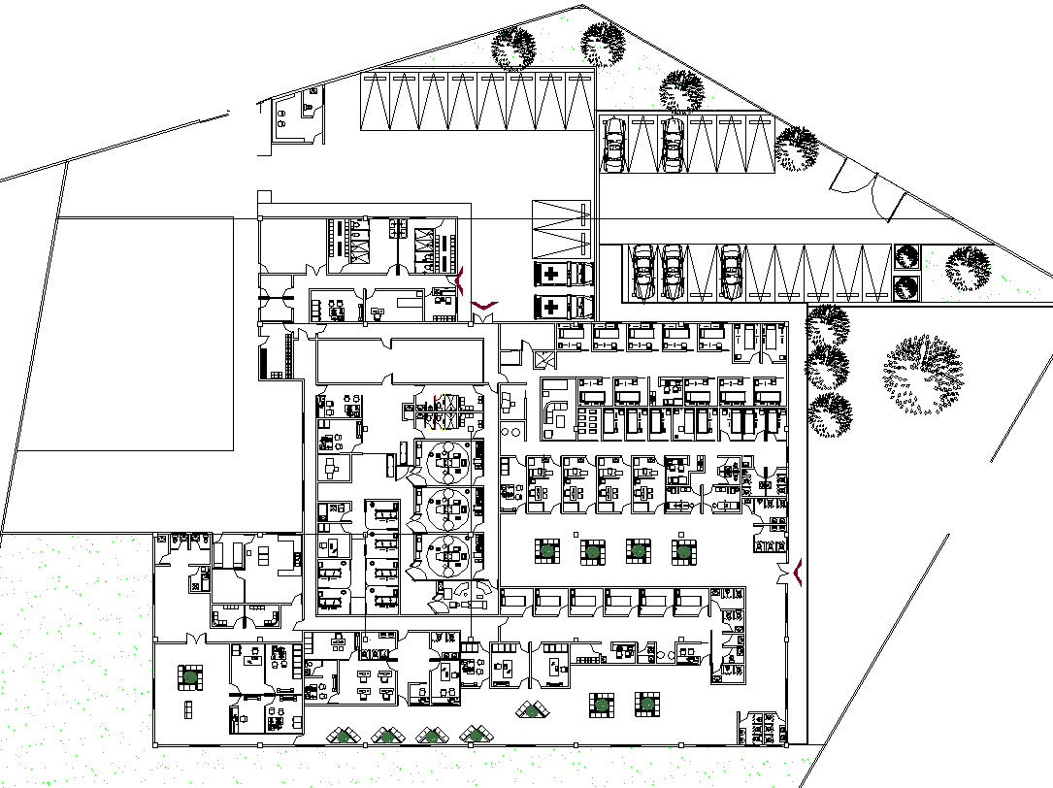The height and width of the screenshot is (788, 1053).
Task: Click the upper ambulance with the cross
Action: (x=562, y=275)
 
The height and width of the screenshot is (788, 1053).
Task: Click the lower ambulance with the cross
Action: (x=562, y=308)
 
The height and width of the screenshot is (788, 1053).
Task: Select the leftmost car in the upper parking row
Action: (x=613, y=146)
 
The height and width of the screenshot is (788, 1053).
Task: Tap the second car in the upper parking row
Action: (x=673, y=146)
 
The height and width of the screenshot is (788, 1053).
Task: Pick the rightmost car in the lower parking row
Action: (x=731, y=272)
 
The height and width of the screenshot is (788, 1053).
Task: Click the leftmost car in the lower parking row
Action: (x=642, y=272)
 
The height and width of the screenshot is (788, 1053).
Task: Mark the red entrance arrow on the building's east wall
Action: (x=798, y=574)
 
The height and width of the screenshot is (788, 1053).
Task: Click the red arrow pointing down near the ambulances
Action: (x=483, y=306)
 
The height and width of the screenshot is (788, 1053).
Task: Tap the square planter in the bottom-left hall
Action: (x=189, y=676)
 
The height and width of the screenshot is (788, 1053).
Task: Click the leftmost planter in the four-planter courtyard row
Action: (x=547, y=551)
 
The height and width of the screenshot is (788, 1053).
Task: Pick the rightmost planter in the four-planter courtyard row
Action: (x=683, y=552)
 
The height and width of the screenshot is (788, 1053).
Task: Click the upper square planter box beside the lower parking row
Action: (x=906, y=257)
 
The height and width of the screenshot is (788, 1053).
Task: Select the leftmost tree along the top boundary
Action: (x=513, y=48)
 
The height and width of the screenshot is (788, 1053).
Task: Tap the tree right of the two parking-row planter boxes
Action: (x=968, y=268)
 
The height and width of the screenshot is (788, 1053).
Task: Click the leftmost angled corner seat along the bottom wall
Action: (x=341, y=736)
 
